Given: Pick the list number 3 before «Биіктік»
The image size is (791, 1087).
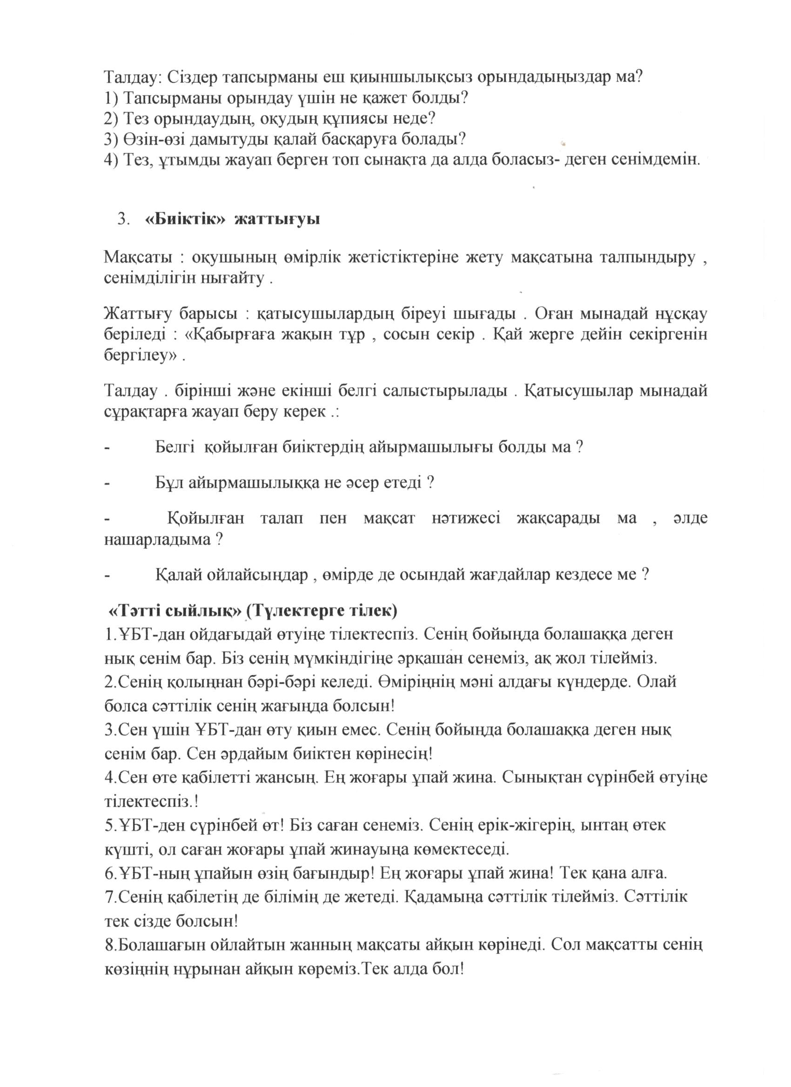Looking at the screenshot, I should tap(123, 219).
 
